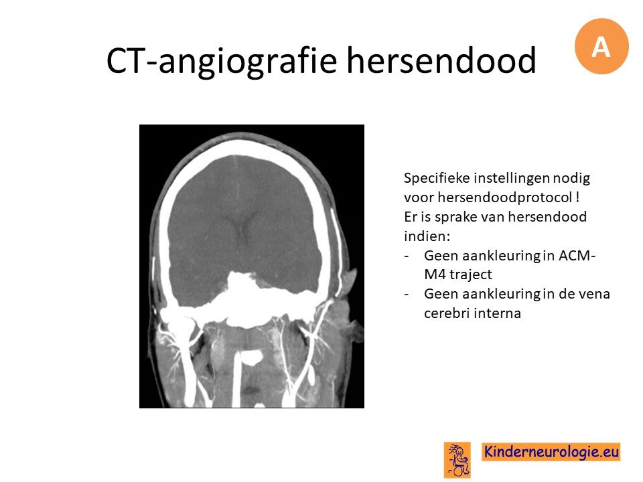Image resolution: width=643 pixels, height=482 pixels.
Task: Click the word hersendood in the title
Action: pyautogui.click(x=441, y=60)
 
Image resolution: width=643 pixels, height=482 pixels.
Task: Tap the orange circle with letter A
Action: pyautogui.click(x=601, y=46)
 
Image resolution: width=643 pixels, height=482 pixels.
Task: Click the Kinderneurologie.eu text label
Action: pyautogui.click(x=551, y=452)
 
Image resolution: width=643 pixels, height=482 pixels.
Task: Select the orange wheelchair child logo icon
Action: pyautogui.click(x=457, y=460)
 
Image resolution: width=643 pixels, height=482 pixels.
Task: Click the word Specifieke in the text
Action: pyautogui.click(x=437, y=178)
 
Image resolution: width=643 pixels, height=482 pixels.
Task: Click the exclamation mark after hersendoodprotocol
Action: pyautogui.click(x=577, y=197)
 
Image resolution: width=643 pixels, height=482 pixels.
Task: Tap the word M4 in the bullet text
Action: pyautogui.click(x=435, y=274)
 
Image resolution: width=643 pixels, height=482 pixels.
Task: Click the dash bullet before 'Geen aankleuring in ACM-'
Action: pyautogui.click(x=407, y=256)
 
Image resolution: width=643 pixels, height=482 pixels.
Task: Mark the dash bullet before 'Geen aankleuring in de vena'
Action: pyautogui.click(x=407, y=295)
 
